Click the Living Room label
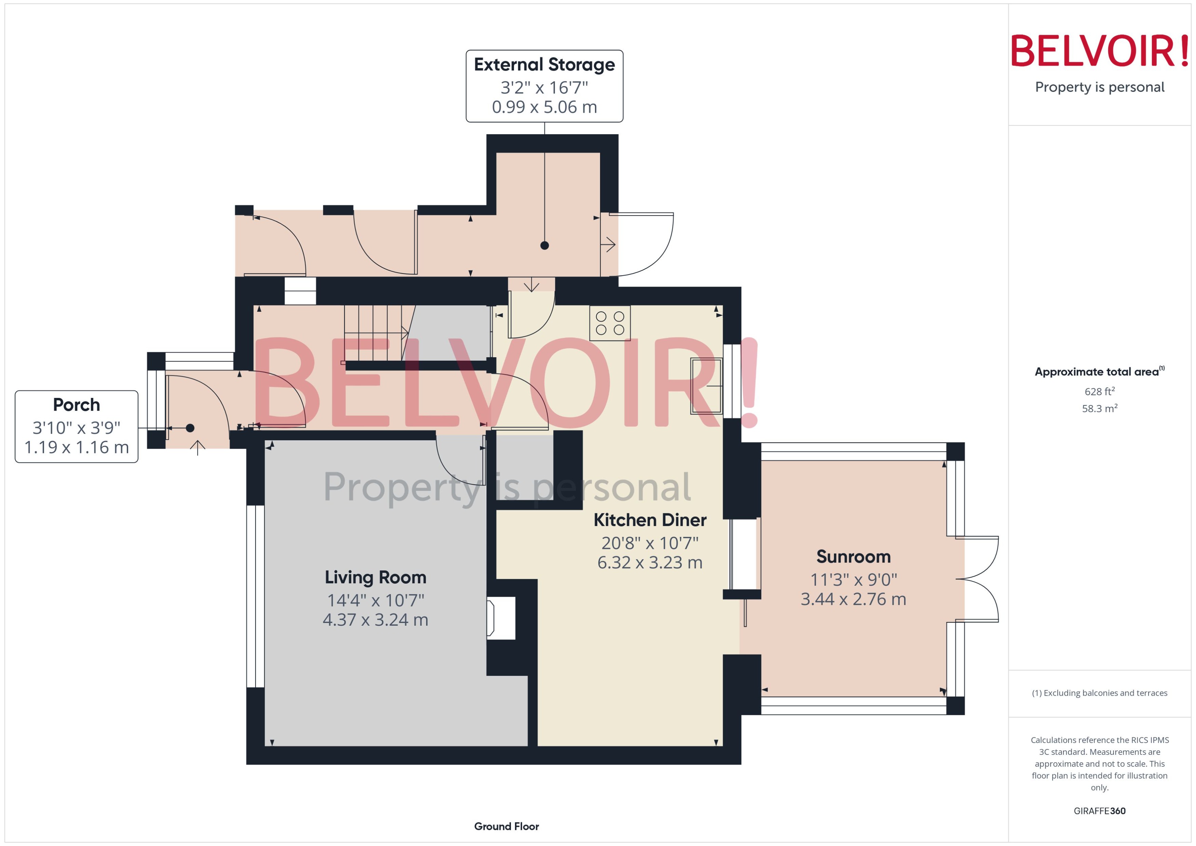pyautogui.click(x=375, y=577)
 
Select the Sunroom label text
pyautogui.click(x=853, y=556)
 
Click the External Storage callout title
pyautogui.click(x=544, y=65)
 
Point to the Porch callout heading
pyautogui.click(x=76, y=405)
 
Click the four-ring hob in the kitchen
pyautogui.click(x=610, y=323)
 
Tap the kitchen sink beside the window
pyautogui.click(x=706, y=386)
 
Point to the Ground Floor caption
pyautogui.click(x=506, y=826)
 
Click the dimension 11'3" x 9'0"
pyautogui.click(x=853, y=579)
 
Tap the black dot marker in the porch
pyautogui.click(x=190, y=428)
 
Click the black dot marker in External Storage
pyautogui.click(x=545, y=245)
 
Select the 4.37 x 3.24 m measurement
pyautogui.click(x=375, y=620)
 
